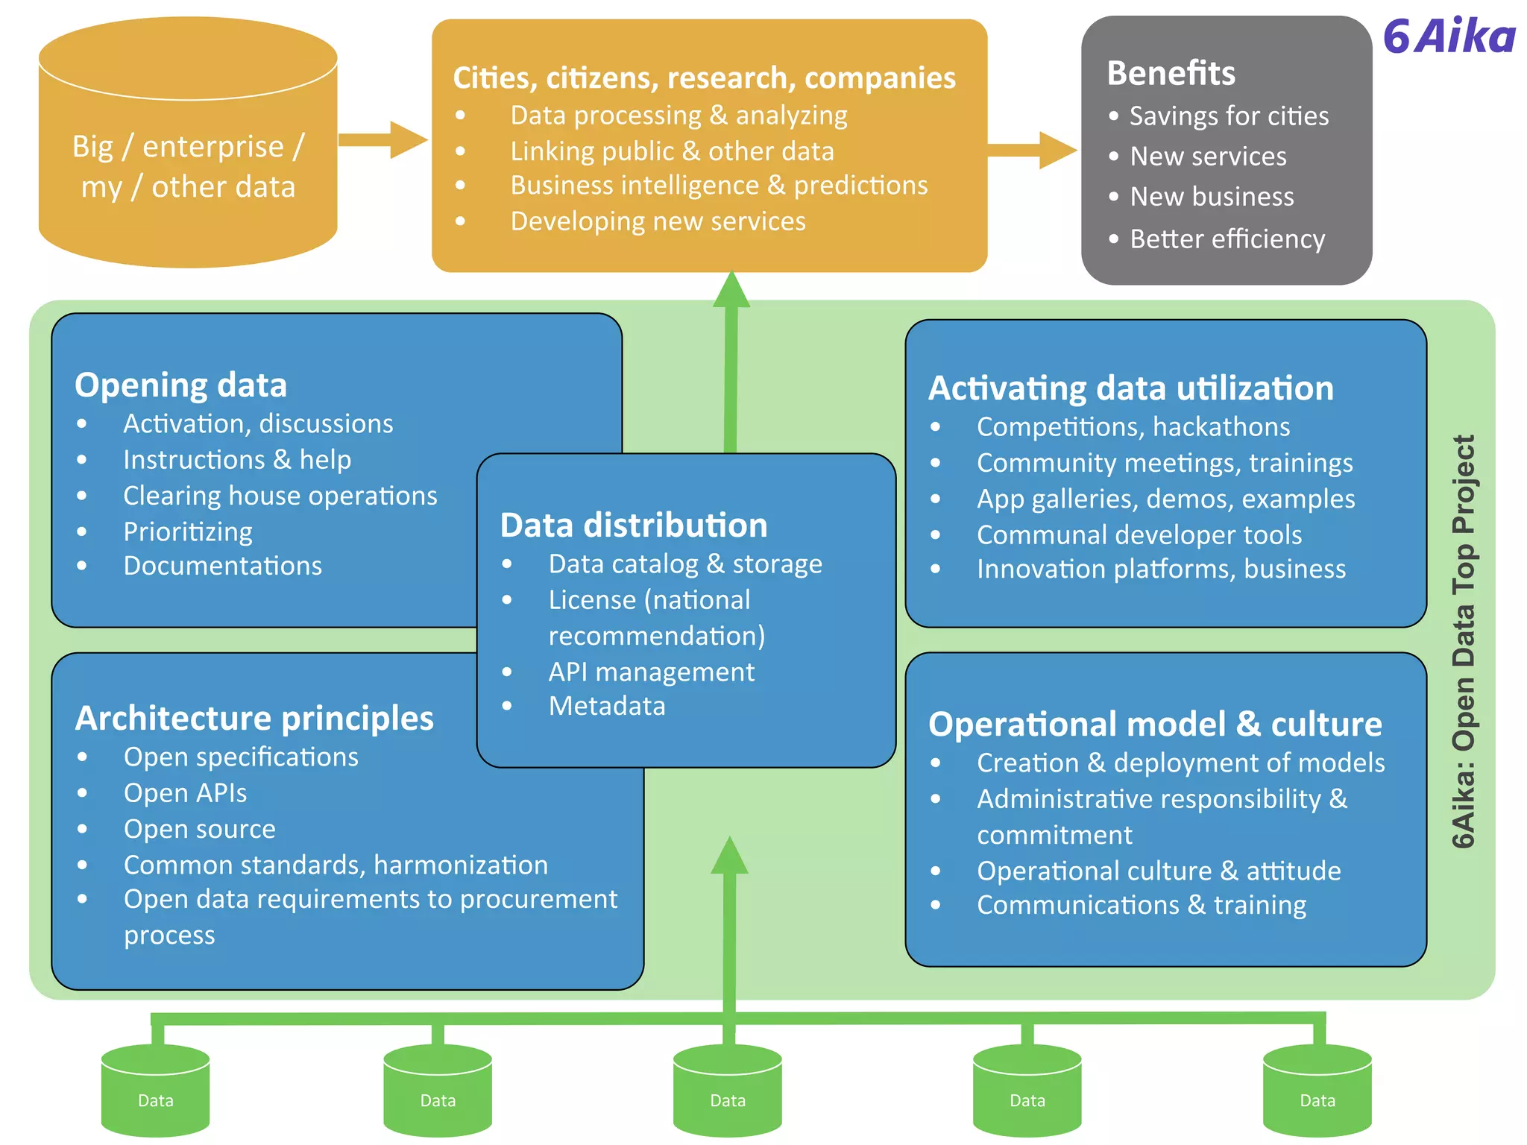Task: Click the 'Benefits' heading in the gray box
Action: tap(1171, 73)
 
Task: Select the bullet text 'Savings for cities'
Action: tap(1229, 116)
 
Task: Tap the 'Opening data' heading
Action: tap(180, 385)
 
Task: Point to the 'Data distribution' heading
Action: tap(634, 525)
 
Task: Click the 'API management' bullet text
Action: tap(651, 672)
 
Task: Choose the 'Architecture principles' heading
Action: tap(254, 719)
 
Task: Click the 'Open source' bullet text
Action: tap(199, 829)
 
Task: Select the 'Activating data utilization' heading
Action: tap(1130, 388)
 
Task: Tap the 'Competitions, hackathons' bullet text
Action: tap(1133, 426)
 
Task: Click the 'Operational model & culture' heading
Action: tap(1155, 724)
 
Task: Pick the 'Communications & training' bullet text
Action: tap(1141, 905)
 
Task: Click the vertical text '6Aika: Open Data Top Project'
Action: tap(1463, 641)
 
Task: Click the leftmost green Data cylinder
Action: tap(155, 1091)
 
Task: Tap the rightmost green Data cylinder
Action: tap(1317, 1091)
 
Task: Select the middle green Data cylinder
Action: tap(727, 1091)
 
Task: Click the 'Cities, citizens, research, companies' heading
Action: tap(704, 78)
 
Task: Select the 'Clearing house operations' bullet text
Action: tap(280, 496)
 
